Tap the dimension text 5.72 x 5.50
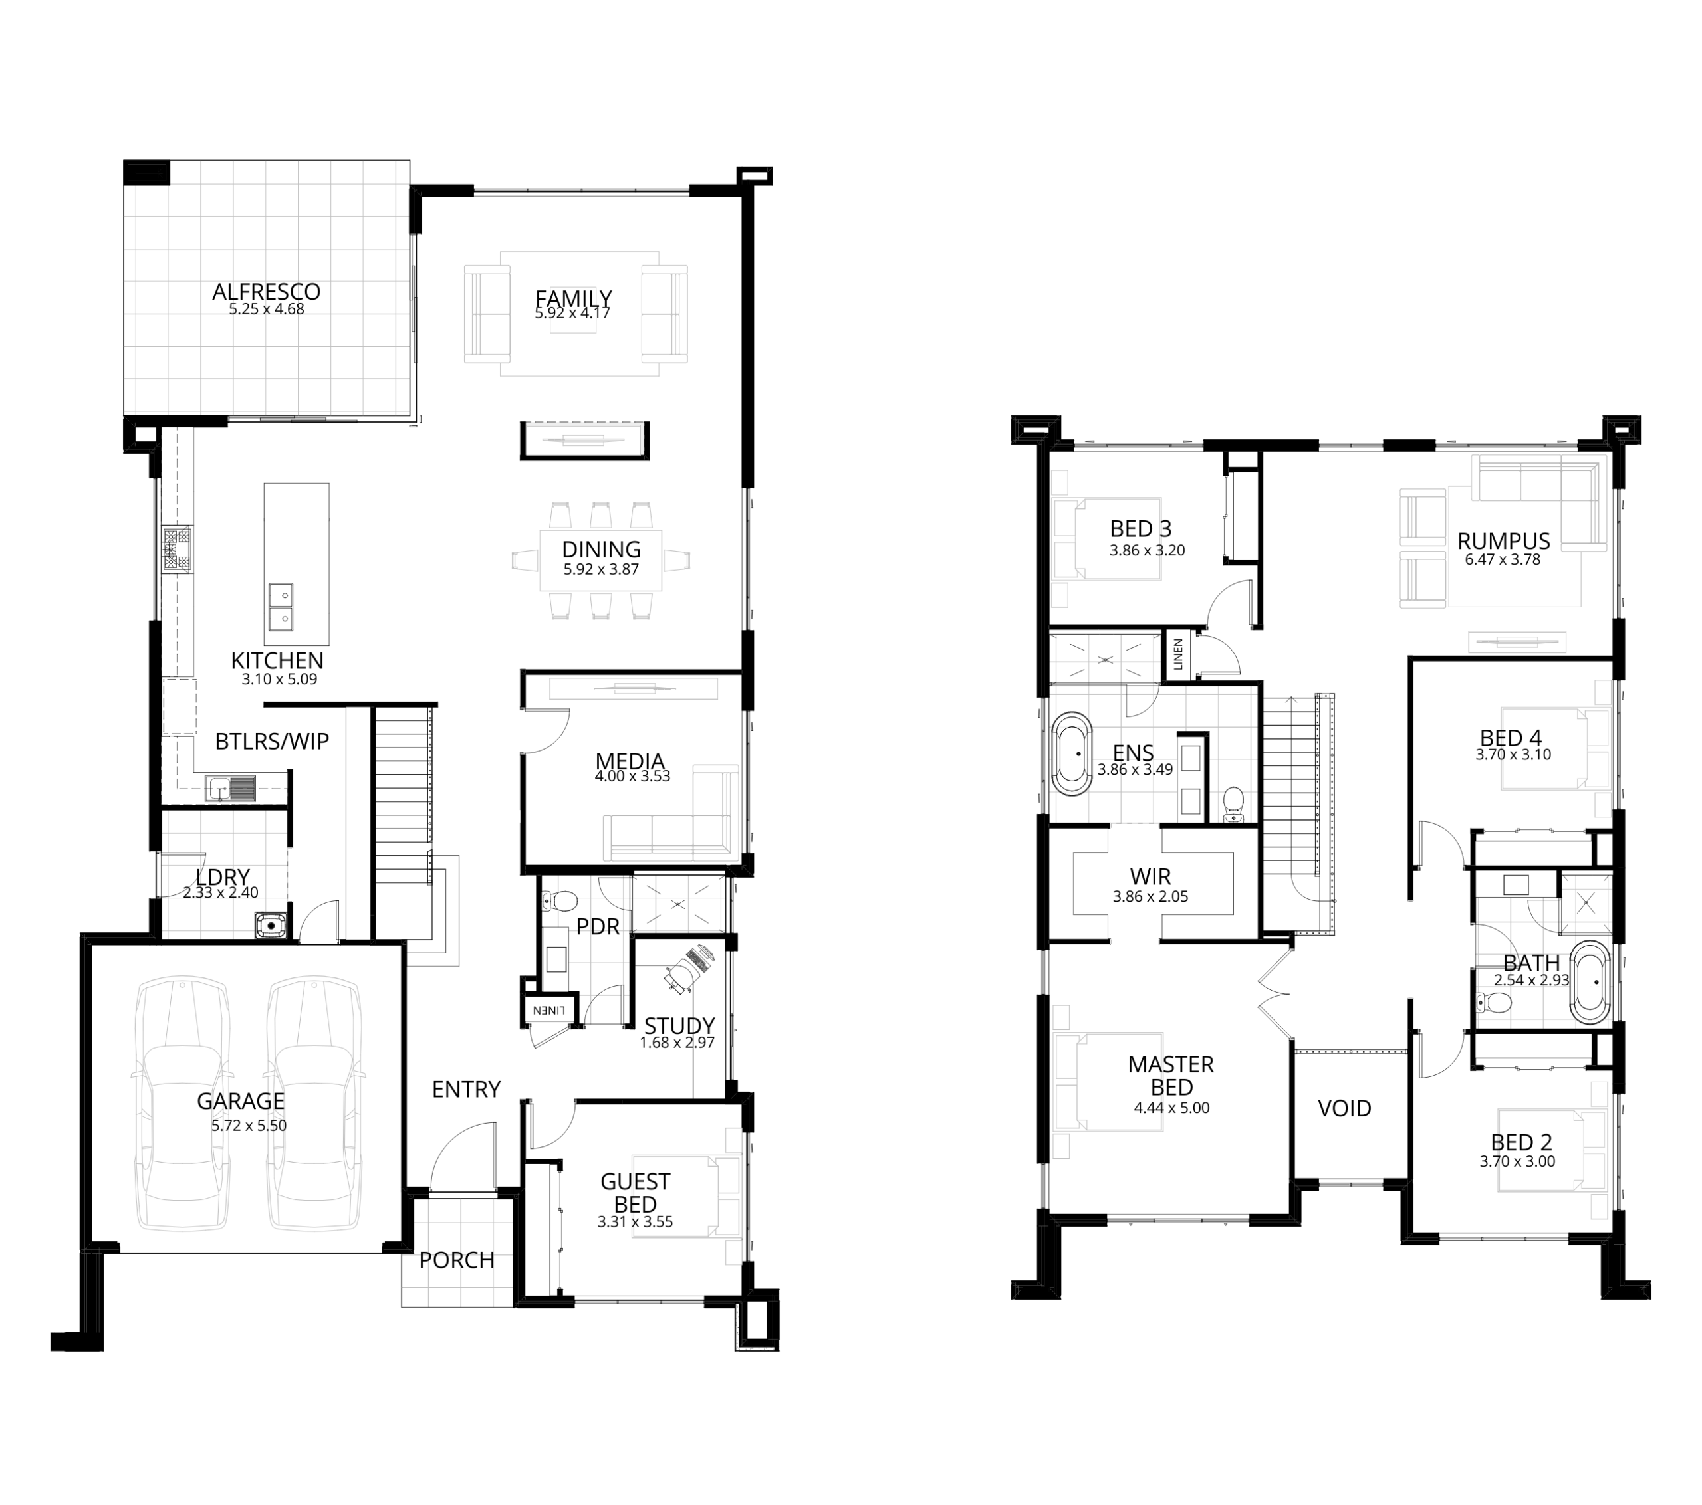249,1126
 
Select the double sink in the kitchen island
281,606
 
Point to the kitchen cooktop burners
178,550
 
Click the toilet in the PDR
561,900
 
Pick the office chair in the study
690,968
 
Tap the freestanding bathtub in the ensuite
1072,753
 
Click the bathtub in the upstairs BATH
1590,982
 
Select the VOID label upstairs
1345,1108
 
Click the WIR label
1151,876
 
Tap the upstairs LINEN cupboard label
1178,654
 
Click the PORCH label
456,1260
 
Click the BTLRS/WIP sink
232,787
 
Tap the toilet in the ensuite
1233,805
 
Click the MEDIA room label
630,761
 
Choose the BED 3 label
1141,529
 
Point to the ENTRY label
466,1089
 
